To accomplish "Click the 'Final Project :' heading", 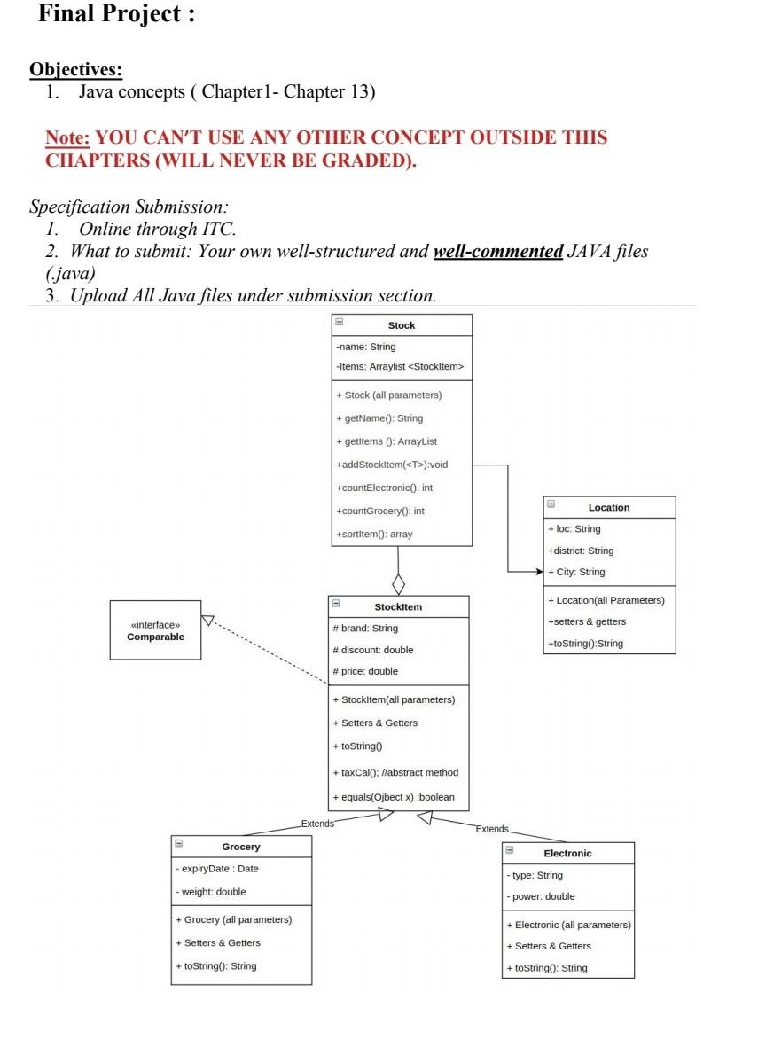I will click(116, 15).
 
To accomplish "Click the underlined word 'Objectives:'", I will click(75, 69).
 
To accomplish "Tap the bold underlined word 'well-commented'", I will click(497, 251).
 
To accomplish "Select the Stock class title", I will click(402, 325).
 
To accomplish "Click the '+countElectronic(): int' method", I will click(384, 488).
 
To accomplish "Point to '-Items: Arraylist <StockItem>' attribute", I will click(400, 366).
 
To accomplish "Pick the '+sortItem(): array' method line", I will click(374, 534).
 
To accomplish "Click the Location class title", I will click(609, 507).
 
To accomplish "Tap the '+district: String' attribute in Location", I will click(581, 551).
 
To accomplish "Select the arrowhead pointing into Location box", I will click(536, 572).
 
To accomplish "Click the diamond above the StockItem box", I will click(399, 584).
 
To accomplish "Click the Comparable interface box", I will click(155, 630).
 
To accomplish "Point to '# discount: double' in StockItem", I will click(372, 650).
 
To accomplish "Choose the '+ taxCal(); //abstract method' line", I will click(395, 772).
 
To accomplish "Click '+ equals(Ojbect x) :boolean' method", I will click(393, 797).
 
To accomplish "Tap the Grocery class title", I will click(241, 847).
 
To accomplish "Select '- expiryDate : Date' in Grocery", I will click(217, 869).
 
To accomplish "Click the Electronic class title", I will click(567, 853).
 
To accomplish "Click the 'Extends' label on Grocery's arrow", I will click(317, 824).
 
